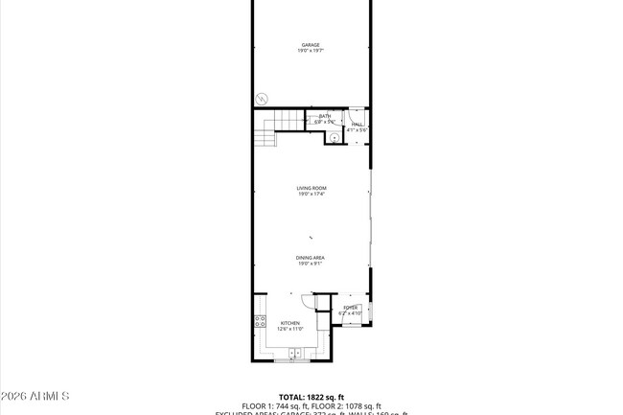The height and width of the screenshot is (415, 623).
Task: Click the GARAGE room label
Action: point(311,44)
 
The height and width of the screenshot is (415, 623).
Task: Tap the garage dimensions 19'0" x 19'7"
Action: point(311,51)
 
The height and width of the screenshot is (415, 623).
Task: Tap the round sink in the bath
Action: point(333,137)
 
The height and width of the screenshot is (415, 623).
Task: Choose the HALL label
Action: point(357,124)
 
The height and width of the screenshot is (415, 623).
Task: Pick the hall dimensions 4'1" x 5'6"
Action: point(357,129)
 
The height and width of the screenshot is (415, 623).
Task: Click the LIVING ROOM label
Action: point(311,188)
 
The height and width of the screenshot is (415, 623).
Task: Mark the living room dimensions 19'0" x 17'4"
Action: point(311,195)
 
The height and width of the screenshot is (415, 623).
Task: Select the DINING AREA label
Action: point(310,257)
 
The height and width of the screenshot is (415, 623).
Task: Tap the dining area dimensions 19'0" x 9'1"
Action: point(310,264)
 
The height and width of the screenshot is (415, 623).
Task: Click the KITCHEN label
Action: point(289,323)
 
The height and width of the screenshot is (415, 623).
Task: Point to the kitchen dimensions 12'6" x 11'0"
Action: point(289,329)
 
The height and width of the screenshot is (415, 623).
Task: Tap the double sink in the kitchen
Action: point(295,354)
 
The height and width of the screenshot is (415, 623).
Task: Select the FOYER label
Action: point(350,308)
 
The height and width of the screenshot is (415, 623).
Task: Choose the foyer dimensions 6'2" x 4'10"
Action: point(350,313)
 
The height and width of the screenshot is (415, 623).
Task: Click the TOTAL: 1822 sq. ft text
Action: point(311,396)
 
